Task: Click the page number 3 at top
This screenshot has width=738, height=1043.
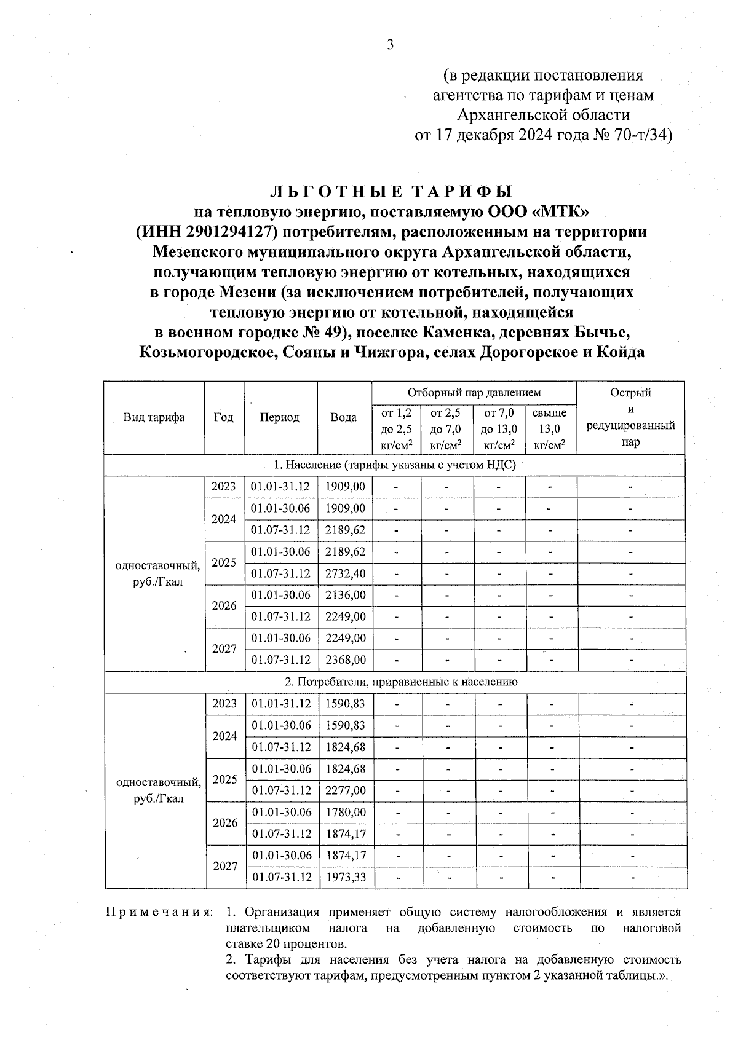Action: pos(389,45)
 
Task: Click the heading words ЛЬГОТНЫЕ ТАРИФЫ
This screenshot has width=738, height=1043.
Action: pos(393,191)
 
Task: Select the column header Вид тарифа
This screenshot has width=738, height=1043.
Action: pos(154,417)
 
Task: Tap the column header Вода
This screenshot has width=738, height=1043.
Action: pos(343,417)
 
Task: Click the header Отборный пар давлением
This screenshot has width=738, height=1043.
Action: pos(474,392)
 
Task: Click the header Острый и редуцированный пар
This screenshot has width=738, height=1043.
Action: pos(630,417)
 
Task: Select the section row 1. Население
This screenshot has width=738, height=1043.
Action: pos(394,465)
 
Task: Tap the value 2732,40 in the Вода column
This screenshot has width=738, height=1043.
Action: pos(345,573)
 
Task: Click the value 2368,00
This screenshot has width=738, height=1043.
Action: pos(345,659)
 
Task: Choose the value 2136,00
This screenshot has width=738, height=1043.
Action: pos(345,594)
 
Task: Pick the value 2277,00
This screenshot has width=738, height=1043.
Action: pos(346,790)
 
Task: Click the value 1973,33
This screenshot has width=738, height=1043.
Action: pos(346,876)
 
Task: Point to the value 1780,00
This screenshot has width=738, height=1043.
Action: pos(346,812)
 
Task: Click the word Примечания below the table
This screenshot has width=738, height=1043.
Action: pos(159,911)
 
